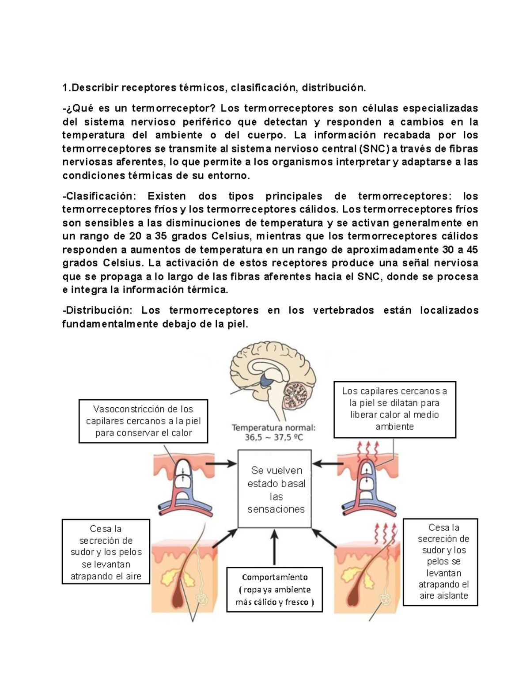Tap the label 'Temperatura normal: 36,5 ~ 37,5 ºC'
(x=274, y=432)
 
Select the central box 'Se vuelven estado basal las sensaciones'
(x=275, y=489)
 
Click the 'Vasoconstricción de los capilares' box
(x=143, y=421)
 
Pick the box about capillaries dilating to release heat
(x=394, y=409)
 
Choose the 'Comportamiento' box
(x=274, y=590)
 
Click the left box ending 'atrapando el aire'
(x=106, y=552)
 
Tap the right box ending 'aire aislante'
(x=443, y=561)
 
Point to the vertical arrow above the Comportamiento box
(x=274, y=547)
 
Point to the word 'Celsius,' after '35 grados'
(x=231, y=236)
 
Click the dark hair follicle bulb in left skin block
(x=178, y=594)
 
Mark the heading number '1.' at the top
(x=66, y=87)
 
